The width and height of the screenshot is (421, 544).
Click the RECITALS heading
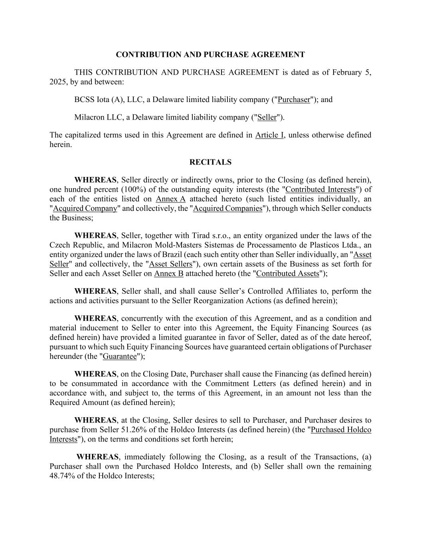coord(210,162)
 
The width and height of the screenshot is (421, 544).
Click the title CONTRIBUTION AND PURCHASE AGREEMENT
coord(210,55)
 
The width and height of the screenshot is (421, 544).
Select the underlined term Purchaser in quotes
coord(294,100)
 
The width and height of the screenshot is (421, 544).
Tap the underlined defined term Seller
coord(267,118)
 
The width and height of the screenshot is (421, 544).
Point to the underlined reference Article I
coord(269,135)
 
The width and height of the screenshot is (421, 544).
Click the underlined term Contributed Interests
coord(320,189)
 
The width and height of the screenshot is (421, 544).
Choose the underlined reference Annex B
coord(169,273)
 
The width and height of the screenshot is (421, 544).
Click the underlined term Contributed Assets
coord(287,273)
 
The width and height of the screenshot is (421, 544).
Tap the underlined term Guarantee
coord(120,356)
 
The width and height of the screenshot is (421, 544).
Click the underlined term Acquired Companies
coord(227,208)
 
